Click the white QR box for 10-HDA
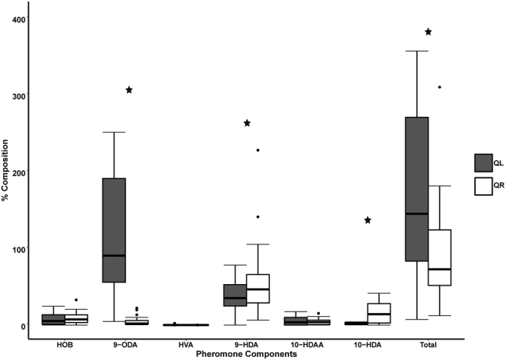click(x=378, y=314)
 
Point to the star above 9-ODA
click(x=130, y=90)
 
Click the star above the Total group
click(x=429, y=32)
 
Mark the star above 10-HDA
click(x=368, y=220)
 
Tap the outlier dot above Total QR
click(x=439, y=87)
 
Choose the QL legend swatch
click(x=482, y=163)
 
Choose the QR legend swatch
click(x=482, y=185)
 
